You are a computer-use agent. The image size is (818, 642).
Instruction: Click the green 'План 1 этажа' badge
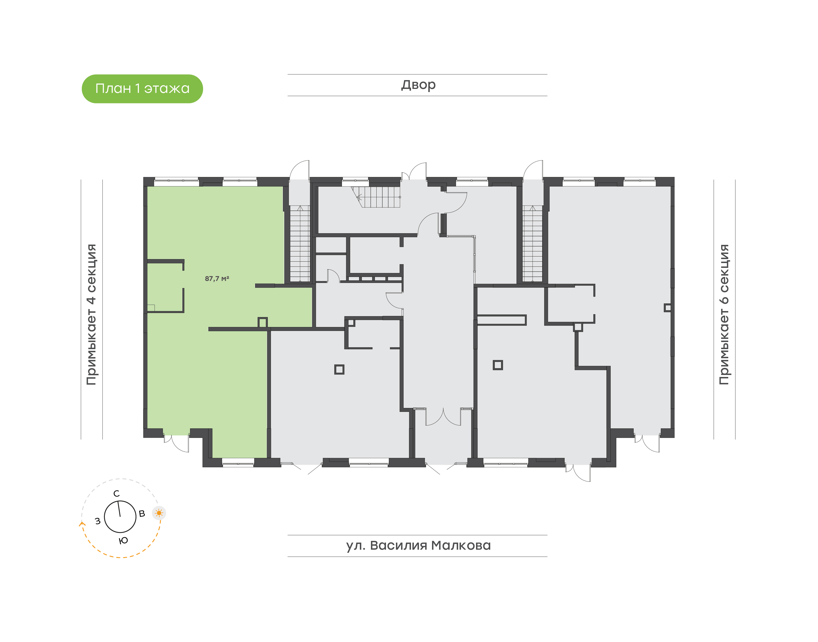[142, 89]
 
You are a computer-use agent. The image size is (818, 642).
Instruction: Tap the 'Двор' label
[418, 85]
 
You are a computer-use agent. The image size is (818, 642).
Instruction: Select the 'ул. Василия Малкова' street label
[418, 545]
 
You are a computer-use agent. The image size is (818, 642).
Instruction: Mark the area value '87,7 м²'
[217, 278]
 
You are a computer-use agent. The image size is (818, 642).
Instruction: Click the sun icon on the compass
[159, 513]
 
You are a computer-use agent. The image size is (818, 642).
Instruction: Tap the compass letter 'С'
[116, 493]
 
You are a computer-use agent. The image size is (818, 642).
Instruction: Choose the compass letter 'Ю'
[123, 541]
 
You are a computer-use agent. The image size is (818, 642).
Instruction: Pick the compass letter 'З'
[98, 521]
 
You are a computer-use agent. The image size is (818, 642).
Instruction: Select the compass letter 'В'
[142, 513]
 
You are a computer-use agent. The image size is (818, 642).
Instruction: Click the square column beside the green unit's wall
[263, 322]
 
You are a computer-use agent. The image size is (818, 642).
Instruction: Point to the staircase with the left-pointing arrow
[376, 197]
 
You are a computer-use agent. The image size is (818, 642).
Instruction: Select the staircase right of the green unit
[300, 243]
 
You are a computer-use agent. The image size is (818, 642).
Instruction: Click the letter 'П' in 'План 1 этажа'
[100, 89]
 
